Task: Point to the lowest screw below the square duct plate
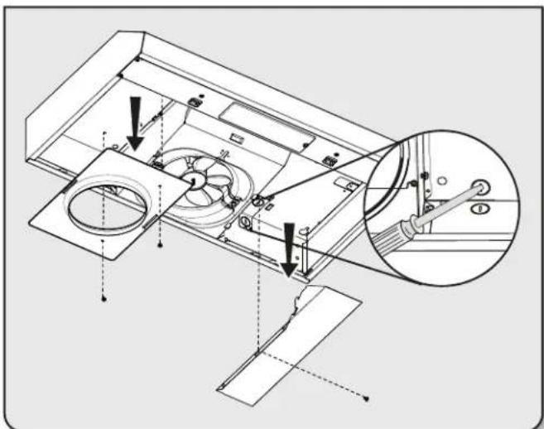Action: pyautogui.click(x=103, y=301)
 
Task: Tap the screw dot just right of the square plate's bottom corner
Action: pyautogui.click(x=160, y=246)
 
